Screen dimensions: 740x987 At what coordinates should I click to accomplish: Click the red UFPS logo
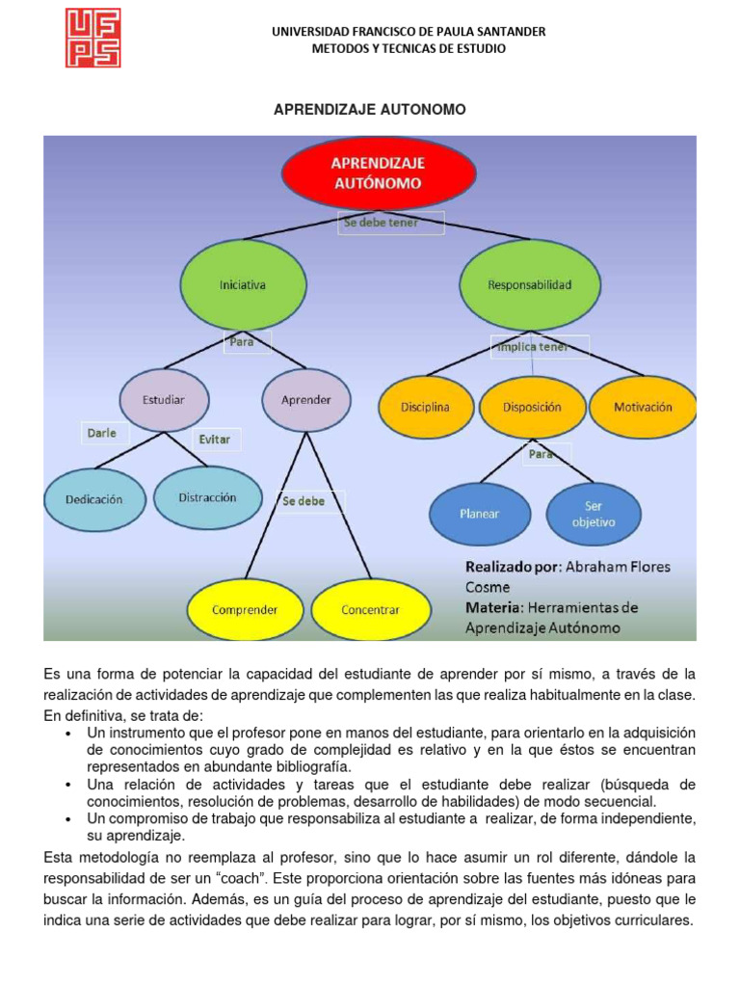[x=92, y=39]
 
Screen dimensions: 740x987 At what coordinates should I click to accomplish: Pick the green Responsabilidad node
[x=529, y=285]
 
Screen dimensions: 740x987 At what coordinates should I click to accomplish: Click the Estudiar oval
[x=163, y=399]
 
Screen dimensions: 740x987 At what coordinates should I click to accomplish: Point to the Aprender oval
[x=305, y=399]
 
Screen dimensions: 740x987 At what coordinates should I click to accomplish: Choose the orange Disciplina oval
[x=426, y=407]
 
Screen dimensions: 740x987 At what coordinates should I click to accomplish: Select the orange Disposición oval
[x=532, y=407]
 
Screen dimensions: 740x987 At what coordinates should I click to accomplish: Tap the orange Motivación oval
[x=643, y=407]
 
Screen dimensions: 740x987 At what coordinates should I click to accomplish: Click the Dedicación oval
[x=94, y=499]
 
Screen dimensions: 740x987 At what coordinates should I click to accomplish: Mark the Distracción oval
[x=207, y=497]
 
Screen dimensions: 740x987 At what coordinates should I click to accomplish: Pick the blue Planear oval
[x=479, y=514]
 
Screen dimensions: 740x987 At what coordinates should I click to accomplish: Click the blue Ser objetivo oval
[x=594, y=513]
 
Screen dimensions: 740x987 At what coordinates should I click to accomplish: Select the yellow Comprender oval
[x=245, y=610]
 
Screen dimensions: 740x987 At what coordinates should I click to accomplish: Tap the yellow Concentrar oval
[x=370, y=610]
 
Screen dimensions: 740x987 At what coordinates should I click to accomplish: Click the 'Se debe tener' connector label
[x=391, y=224]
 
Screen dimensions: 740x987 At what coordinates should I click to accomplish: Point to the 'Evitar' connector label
[x=215, y=439]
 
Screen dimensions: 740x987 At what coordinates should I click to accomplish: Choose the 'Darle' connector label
[x=102, y=433]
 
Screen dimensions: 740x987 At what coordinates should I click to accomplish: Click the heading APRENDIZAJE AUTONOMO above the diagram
[x=370, y=110]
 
